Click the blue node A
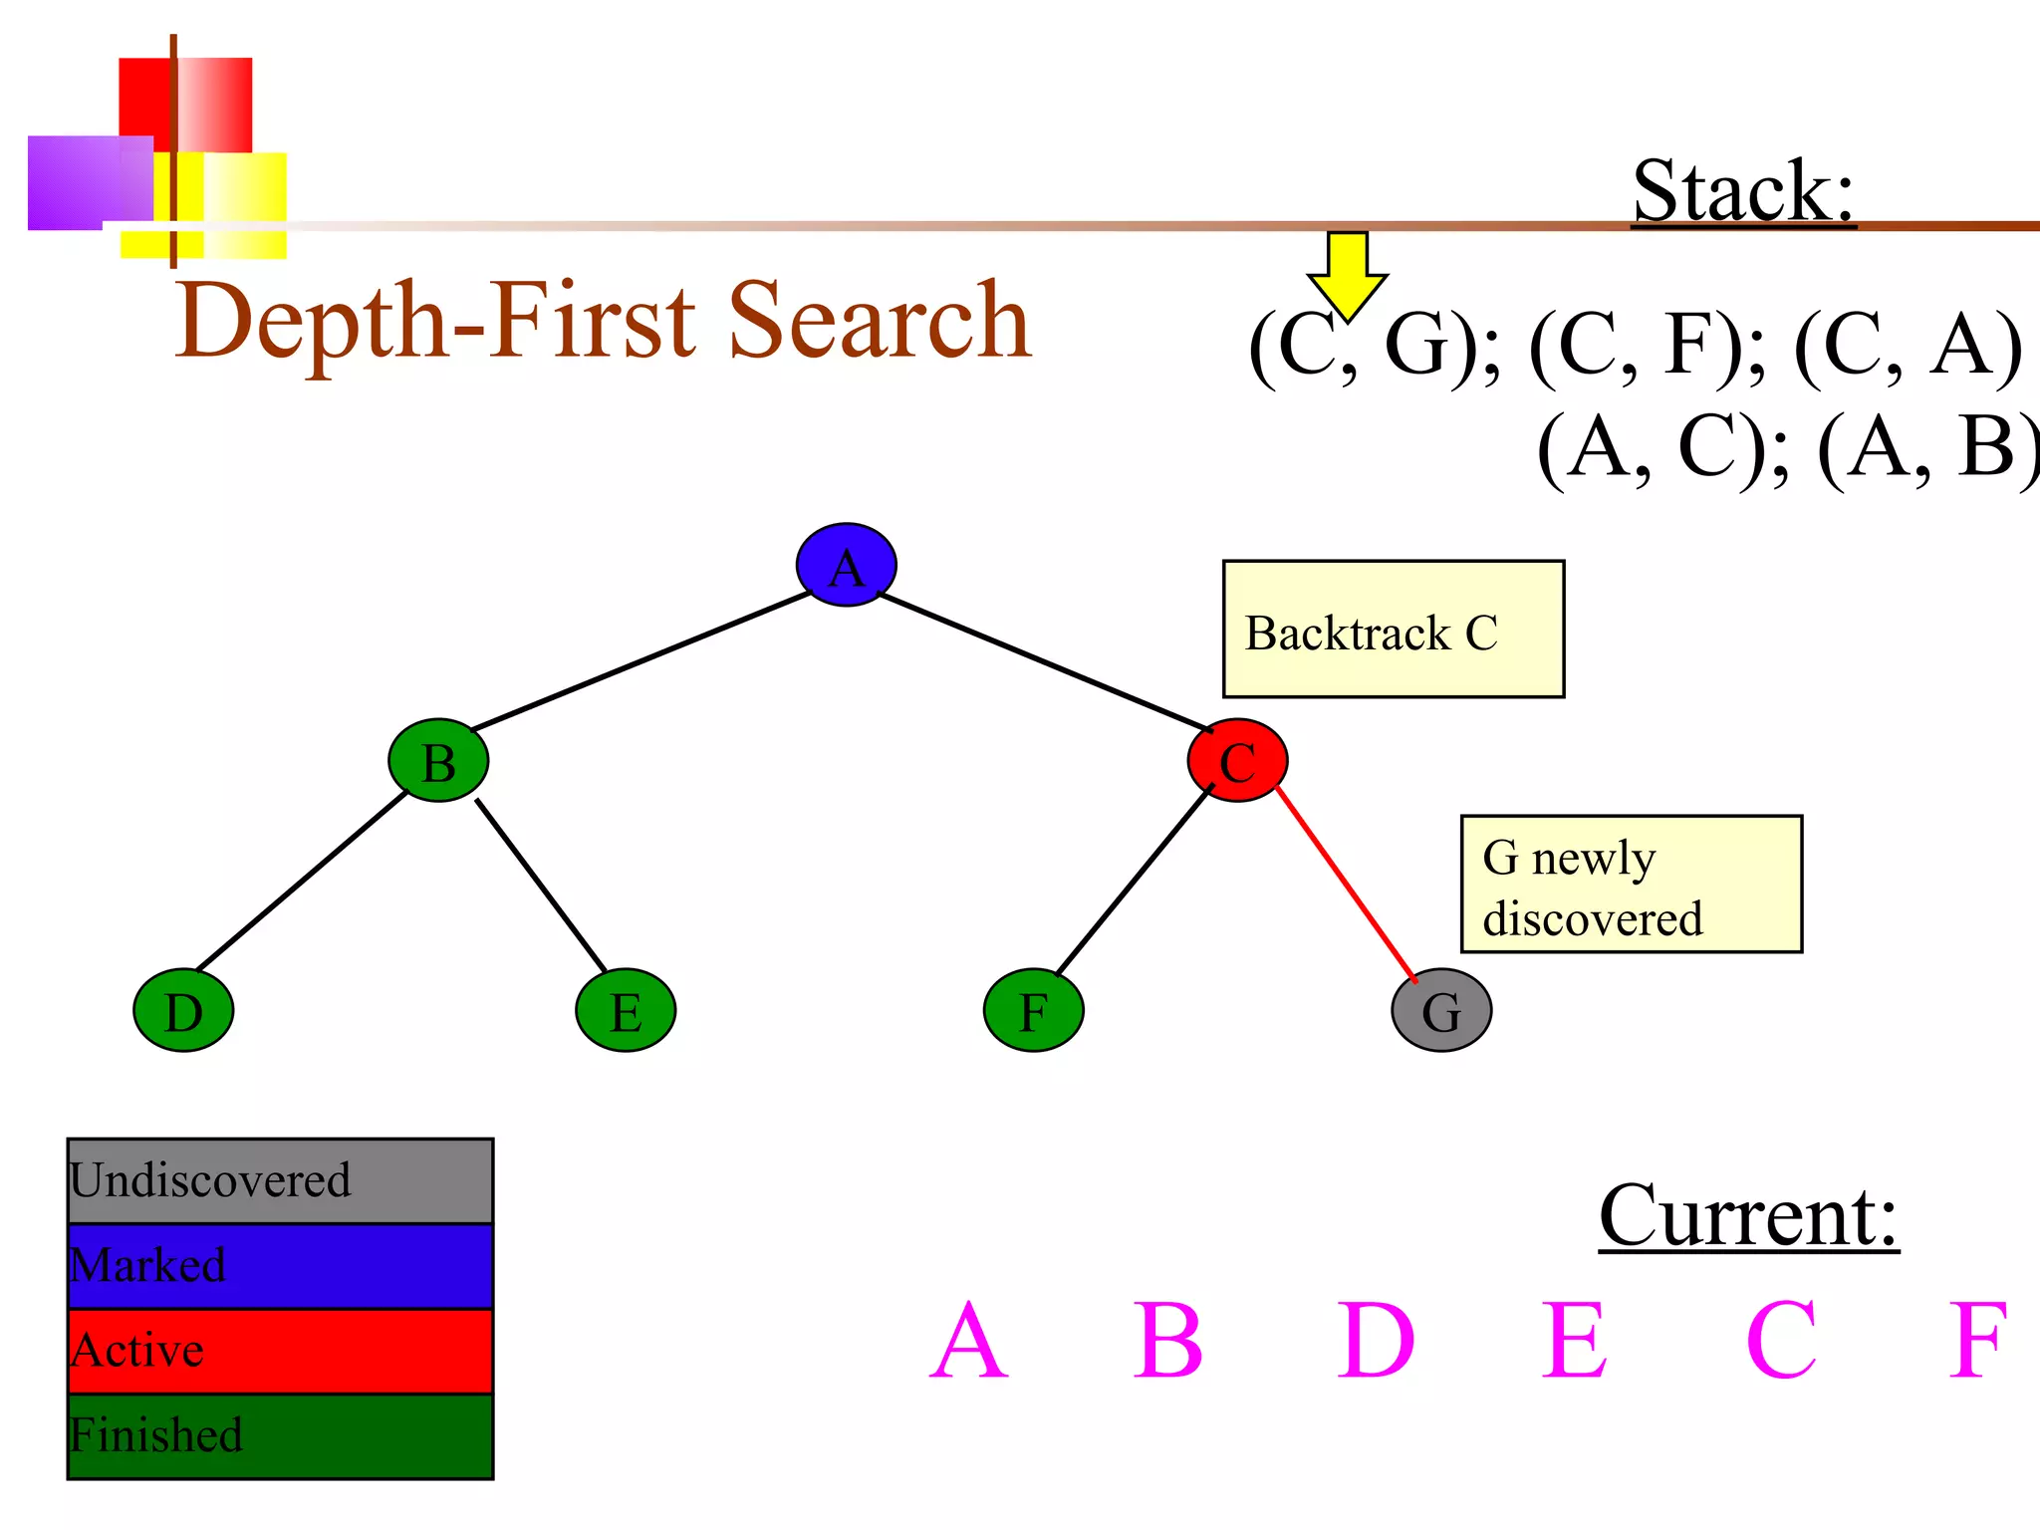[x=846, y=565]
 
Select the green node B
[x=438, y=761]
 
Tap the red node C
[x=1237, y=761]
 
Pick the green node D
[x=183, y=1010]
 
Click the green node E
[x=626, y=1010]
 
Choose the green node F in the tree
[x=1033, y=1010]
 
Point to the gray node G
[x=1441, y=1010]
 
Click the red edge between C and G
[x=1345, y=883]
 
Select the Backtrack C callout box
[x=1393, y=630]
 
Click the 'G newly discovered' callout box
[x=1631, y=885]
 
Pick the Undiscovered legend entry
[x=280, y=1181]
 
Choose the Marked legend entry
[x=280, y=1266]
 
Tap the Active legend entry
[x=280, y=1351]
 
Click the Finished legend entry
[x=280, y=1436]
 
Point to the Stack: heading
[x=1743, y=191]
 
